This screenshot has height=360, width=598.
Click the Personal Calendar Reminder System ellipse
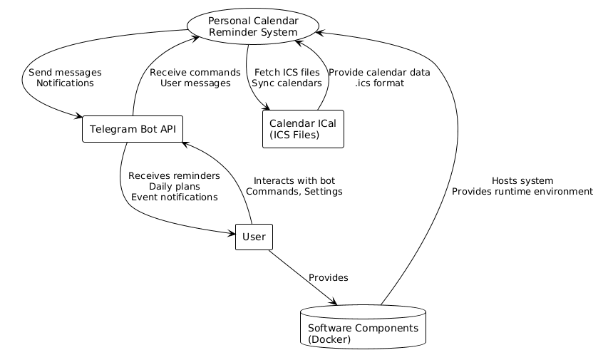(252, 26)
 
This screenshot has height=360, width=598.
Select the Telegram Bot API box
(133, 129)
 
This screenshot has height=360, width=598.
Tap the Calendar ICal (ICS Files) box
(303, 129)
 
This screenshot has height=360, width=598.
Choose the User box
(254, 237)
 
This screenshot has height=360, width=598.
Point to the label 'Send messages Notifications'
(65, 78)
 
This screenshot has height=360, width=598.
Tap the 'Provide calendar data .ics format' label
(378, 78)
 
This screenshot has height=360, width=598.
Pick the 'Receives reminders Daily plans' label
(174, 181)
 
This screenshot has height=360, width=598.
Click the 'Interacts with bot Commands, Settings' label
(294, 186)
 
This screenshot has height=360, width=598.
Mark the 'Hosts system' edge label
(522, 181)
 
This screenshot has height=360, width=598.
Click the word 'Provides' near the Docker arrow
(328, 277)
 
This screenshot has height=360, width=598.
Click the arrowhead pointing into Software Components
(333, 302)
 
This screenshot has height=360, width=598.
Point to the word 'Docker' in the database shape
(329, 339)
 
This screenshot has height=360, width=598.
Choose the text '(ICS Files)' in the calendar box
(294, 135)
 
